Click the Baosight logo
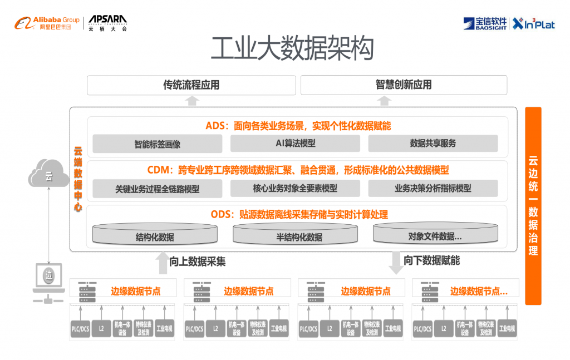coord(484,23)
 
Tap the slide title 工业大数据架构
coord(292,49)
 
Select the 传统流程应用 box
coord(191,85)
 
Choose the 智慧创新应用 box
coord(404,85)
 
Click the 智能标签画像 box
coord(158,144)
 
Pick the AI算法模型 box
coord(296,144)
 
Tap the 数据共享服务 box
coord(433,144)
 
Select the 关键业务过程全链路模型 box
coord(158,189)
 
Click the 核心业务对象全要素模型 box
coord(296,189)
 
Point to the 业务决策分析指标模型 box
coord(433,189)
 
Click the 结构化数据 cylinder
coord(155,234)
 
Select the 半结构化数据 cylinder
coord(295,234)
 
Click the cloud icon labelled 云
coord(48,175)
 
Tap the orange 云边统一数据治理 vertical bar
coord(533,206)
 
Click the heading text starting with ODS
coord(299,214)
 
